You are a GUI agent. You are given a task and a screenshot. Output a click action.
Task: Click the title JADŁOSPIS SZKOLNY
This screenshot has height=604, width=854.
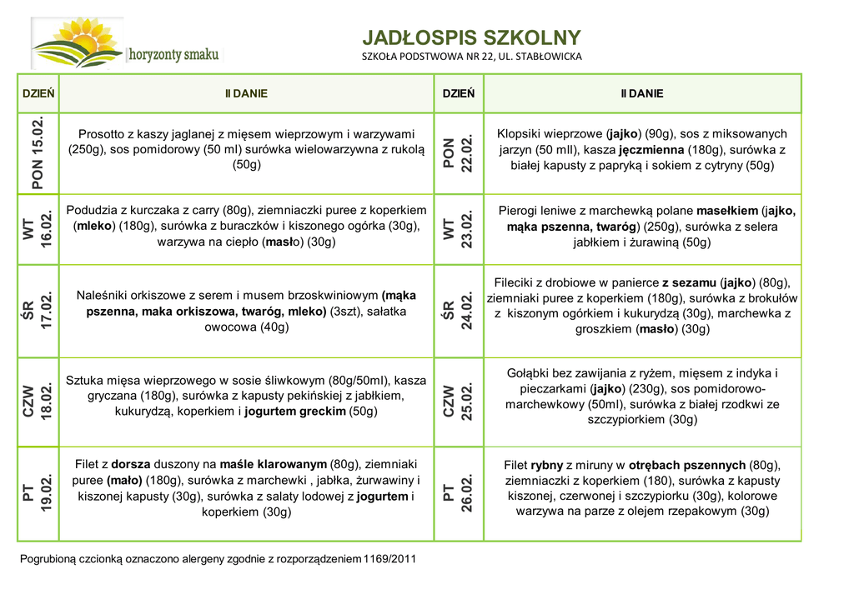pos(471,37)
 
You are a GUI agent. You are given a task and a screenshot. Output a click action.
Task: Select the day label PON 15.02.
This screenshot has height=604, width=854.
pos(38,153)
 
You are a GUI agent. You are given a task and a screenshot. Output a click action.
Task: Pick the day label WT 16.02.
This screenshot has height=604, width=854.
pos(38,230)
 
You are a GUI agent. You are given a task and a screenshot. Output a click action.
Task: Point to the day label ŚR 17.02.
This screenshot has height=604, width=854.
pos(38,311)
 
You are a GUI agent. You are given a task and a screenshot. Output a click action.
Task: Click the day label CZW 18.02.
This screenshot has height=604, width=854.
pos(38,402)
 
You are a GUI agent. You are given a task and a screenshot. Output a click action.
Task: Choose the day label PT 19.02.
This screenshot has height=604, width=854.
pos(38,493)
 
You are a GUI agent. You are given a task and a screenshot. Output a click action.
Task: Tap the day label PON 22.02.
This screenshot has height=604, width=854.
pos(458,153)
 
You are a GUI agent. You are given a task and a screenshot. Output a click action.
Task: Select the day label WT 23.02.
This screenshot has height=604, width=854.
pos(458,230)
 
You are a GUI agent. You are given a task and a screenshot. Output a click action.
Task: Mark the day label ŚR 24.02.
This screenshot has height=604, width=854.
pos(458,311)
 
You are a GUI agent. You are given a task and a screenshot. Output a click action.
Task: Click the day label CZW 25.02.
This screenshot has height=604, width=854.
pos(458,402)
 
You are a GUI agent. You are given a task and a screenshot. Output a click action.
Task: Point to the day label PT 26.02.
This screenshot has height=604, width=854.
pos(458,493)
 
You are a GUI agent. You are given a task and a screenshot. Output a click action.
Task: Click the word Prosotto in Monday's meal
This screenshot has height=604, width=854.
pos(102,133)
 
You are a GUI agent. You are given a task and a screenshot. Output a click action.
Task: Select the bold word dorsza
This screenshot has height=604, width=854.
pos(130,464)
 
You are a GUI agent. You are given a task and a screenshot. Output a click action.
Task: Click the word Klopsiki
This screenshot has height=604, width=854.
pos(521,133)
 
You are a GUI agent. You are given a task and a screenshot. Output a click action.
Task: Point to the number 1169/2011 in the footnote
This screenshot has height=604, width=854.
pos(389,558)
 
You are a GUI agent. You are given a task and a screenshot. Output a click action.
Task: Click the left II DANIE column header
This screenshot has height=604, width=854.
pos(246,93)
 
